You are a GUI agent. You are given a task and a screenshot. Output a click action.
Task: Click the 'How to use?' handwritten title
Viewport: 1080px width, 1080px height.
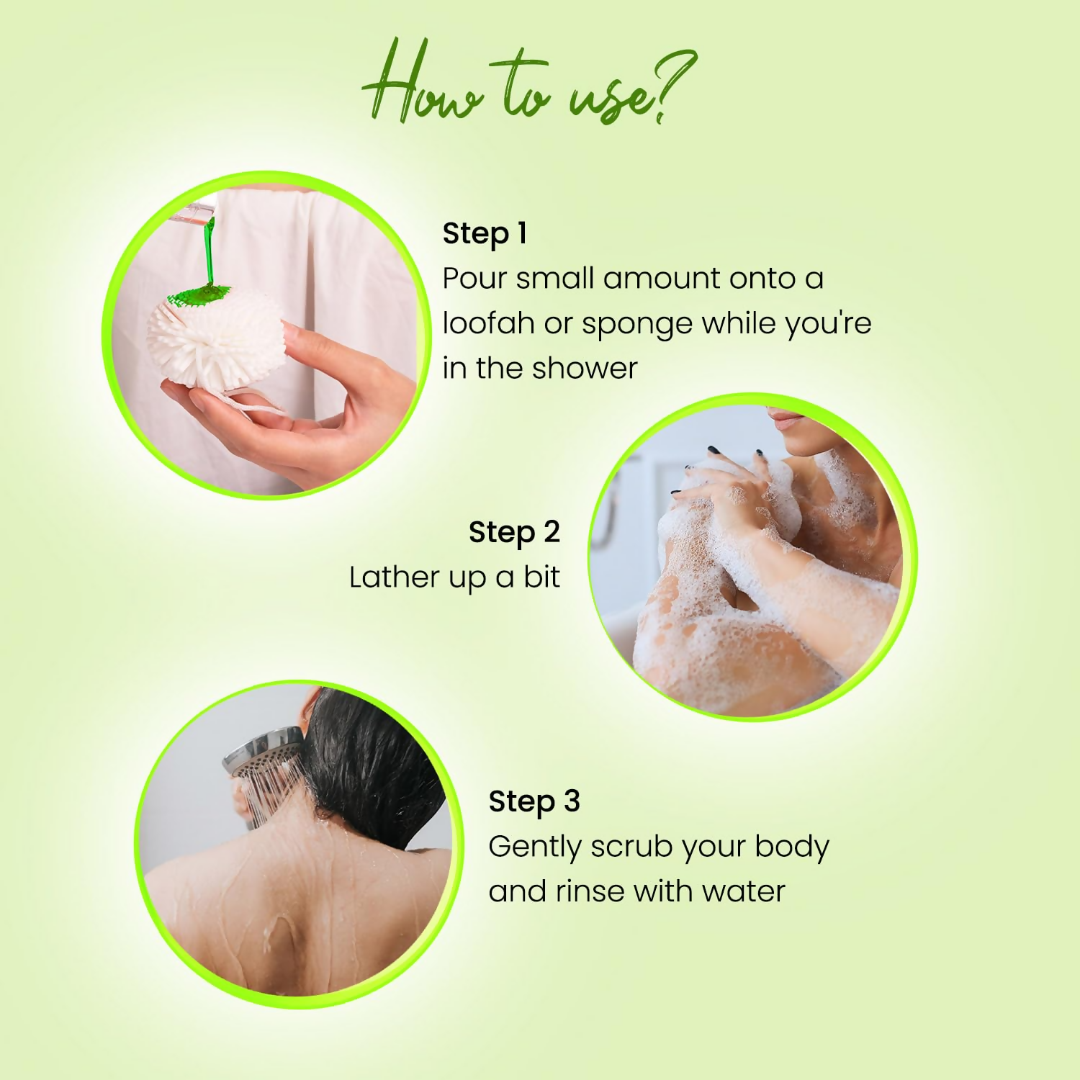[x=529, y=83]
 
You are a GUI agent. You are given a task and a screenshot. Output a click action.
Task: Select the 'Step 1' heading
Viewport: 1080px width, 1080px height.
[x=485, y=234]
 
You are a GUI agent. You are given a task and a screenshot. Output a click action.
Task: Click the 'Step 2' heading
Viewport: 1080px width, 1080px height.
[x=514, y=533]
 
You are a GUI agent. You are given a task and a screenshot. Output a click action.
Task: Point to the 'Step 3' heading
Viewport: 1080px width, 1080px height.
[x=534, y=802]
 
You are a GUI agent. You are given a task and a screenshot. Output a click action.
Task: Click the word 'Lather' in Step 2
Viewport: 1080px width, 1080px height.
[x=394, y=577]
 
